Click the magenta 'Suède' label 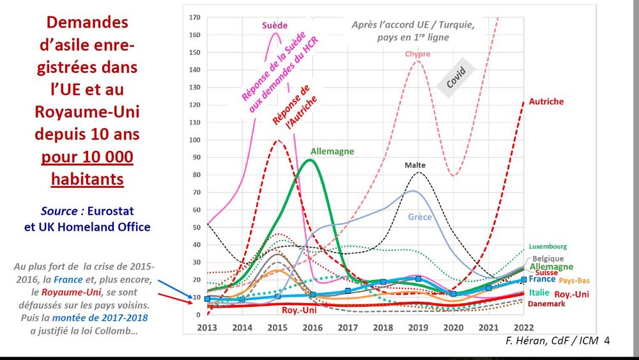275,26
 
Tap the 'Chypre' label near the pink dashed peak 417,54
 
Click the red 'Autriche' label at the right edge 546,102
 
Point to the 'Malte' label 415,165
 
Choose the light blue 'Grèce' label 420,217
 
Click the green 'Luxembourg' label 548,246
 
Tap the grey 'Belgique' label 548,258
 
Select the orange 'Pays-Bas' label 574,280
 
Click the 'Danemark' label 547,304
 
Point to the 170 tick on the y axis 196,17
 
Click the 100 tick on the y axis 196,140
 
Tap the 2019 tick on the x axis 417,327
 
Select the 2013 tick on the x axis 207,327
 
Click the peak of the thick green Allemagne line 311,160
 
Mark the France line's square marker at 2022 523,279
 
